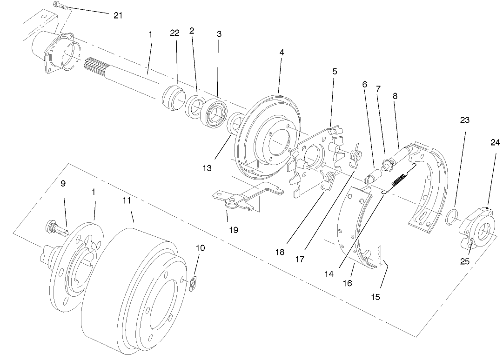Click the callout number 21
[x=118, y=15]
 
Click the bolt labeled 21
[x=61, y=6]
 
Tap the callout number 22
[x=174, y=34]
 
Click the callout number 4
[x=282, y=53]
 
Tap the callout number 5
[x=335, y=72]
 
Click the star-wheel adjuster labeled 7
[x=386, y=164]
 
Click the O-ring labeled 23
[x=452, y=217]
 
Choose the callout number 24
[x=495, y=142]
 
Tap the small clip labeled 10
[x=194, y=283]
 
